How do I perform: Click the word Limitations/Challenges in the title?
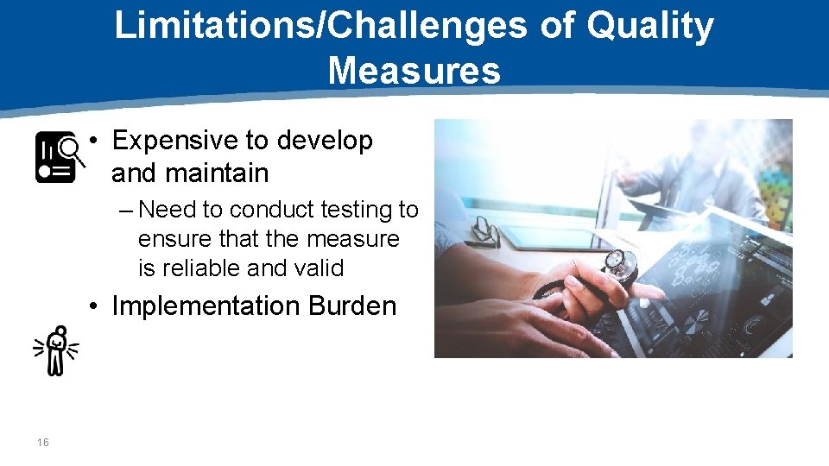click(x=320, y=26)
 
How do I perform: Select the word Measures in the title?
click(x=414, y=70)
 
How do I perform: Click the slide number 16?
click(x=43, y=443)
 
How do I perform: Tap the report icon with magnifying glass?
click(x=60, y=157)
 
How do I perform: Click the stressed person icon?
click(x=56, y=350)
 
